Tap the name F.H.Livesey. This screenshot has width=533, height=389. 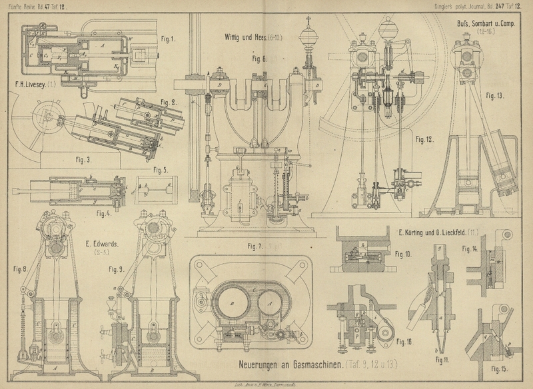click(31, 85)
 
